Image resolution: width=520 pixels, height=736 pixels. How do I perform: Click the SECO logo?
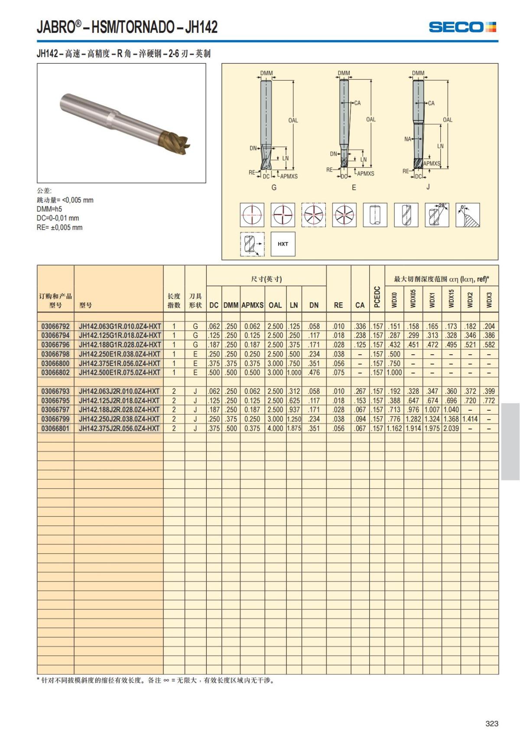pos(462,27)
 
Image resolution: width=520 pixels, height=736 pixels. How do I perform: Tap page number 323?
pos(492,723)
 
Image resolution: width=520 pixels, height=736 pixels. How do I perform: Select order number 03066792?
pos(55,326)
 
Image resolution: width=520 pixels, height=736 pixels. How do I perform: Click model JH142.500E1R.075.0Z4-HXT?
pos(120,373)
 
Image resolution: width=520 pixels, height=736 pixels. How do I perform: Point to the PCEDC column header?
pos(377,297)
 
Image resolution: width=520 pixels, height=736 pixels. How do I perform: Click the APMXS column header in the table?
pos(252,305)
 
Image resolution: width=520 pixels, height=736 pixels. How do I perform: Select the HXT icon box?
pos(283,244)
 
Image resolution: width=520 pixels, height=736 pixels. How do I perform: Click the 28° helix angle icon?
pos(437,215)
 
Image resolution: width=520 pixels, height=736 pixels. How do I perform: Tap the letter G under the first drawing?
pos(274,188)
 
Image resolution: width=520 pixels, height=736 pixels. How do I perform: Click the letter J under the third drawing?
pos(428,187)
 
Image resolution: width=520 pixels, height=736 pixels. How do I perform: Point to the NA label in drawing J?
pos(408,139)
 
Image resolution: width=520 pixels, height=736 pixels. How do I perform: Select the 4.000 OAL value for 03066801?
pos(275,429)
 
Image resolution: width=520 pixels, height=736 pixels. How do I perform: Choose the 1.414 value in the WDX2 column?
pos(470,419)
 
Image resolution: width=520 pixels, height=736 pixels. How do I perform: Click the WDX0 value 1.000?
pos(394,373)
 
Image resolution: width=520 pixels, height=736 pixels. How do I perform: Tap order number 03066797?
pos(55,410)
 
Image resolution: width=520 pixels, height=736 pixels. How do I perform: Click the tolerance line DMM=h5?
pos(49,209)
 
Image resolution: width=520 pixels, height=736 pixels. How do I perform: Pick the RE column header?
pos(338,305)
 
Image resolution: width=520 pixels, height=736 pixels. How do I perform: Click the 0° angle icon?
pos(468,215)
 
